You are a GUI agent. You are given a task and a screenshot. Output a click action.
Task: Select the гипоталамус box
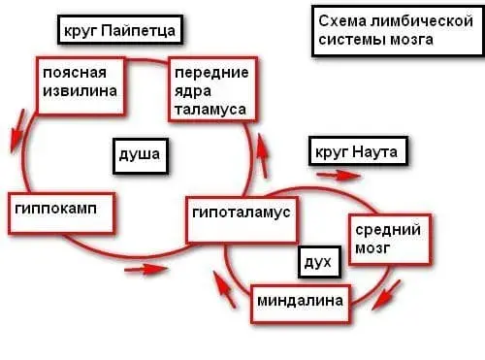(241, 213)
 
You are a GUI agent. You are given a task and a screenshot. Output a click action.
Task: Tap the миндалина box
(299, 302)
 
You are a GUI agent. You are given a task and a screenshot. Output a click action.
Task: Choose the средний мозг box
(387, 241)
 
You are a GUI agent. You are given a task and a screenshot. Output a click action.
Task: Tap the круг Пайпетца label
(118, 30)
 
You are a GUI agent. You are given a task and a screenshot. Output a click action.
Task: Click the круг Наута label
(357, 152)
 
